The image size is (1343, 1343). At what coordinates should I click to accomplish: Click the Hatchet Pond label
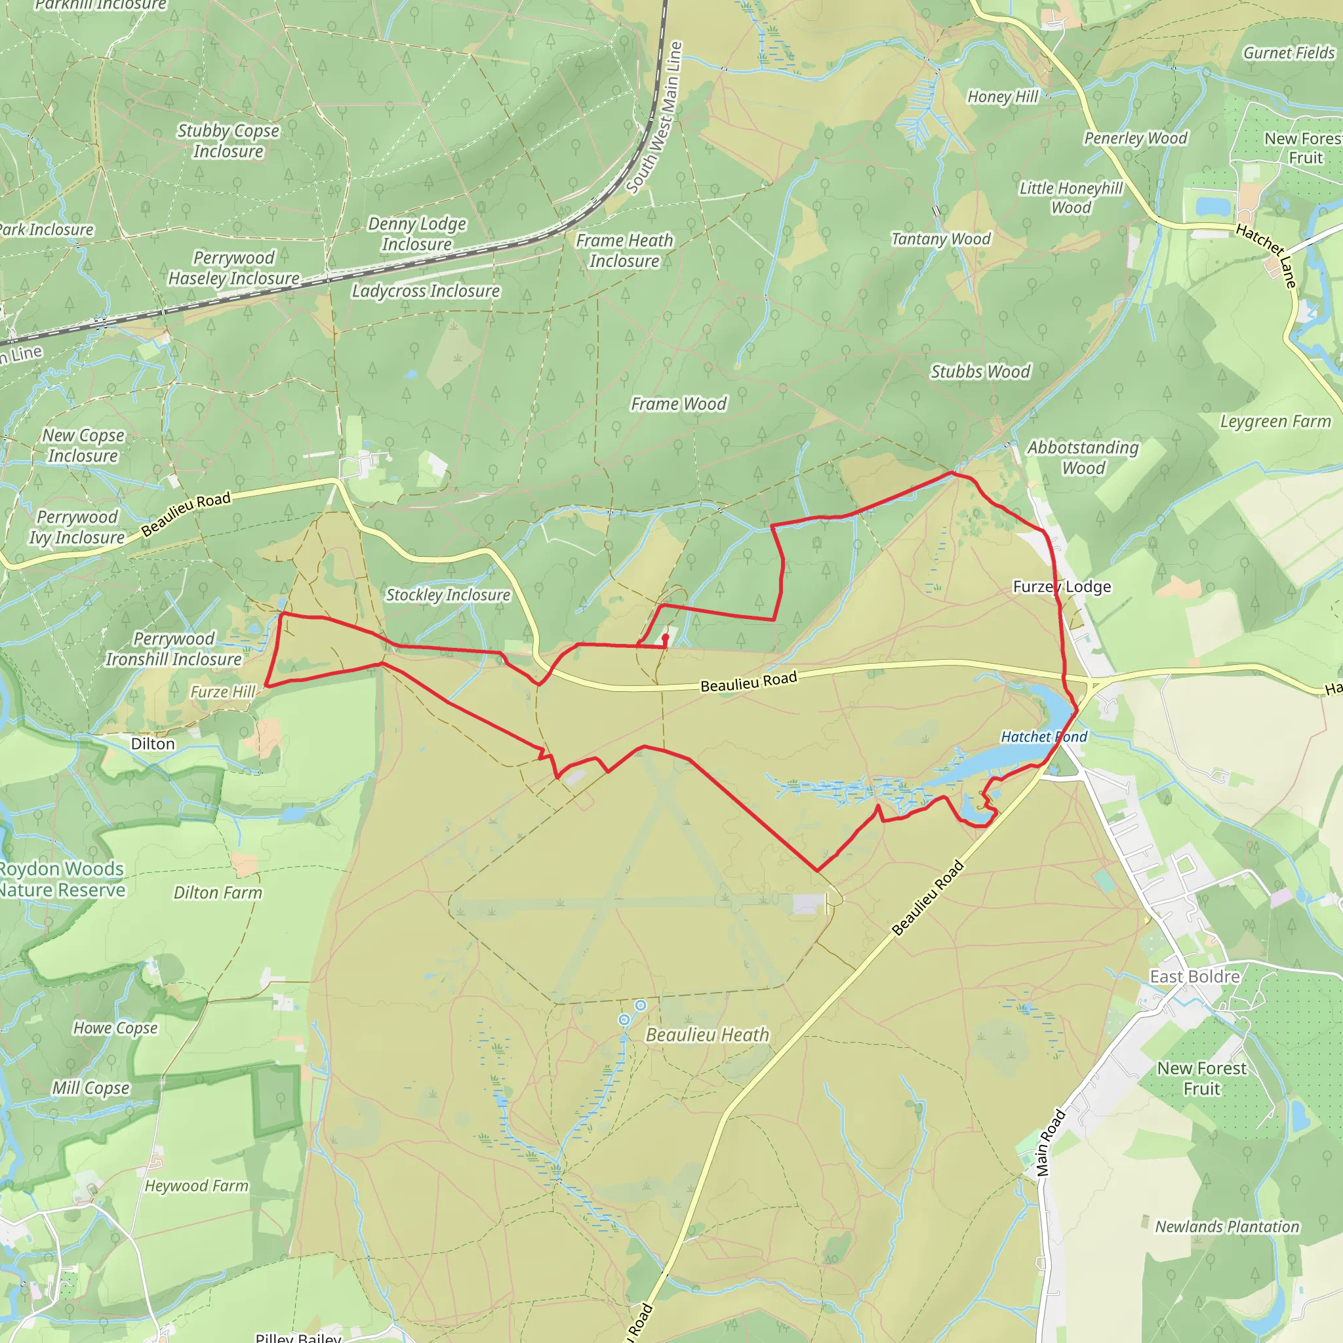(x=1043, y=737)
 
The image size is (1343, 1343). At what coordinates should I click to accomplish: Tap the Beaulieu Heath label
(x=707, y=1035)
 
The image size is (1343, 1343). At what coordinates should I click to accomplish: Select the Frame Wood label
(x=678, y=404)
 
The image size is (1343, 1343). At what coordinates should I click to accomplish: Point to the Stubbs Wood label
(x=980, y=372)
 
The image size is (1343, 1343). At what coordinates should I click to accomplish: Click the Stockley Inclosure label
(x=448, y=595)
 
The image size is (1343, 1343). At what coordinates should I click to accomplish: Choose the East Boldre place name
(x=1194, y=976)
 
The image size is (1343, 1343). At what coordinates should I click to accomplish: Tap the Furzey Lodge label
(x=1062, y=587)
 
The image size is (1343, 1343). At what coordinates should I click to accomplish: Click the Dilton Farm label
(x=218, y=892)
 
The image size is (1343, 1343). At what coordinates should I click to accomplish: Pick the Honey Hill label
(x=1003, y=96)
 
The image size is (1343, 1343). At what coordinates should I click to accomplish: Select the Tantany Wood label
(x=940, y=239)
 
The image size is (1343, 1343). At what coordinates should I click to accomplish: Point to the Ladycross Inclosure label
(x=426, y=291)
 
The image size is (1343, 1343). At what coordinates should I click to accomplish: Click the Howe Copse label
(x=115, y=1028)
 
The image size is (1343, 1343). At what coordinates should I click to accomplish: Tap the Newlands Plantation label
(x=1227, y=1227)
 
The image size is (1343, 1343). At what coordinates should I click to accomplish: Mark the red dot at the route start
(x=665, y=637)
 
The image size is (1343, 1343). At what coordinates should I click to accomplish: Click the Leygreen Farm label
(x=1275, y=422)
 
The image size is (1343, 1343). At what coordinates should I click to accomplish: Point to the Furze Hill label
(x=223, y=692)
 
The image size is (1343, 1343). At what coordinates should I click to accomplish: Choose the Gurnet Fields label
(x=1289, y=53)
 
